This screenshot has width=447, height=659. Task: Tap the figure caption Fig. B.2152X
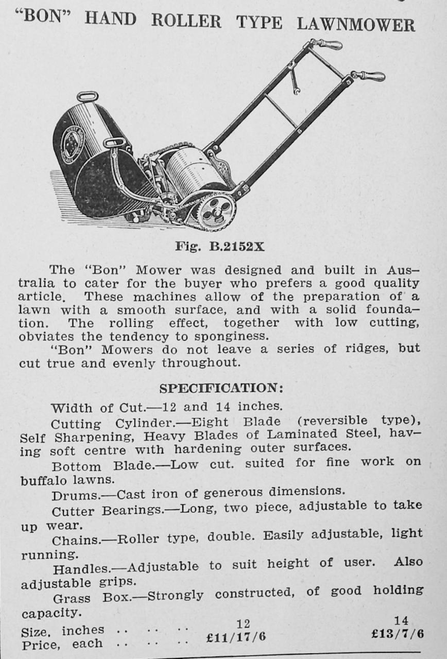pos(219,246)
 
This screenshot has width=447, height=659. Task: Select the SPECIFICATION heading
pos(221,388)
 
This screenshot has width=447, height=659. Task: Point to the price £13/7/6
pos(397,633)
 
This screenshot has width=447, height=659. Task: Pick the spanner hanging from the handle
pos(295,77)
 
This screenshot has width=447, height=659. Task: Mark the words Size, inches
pos(63,631)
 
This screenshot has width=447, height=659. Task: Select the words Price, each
pos(62,644)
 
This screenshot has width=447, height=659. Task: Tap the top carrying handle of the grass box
pos(88,96)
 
